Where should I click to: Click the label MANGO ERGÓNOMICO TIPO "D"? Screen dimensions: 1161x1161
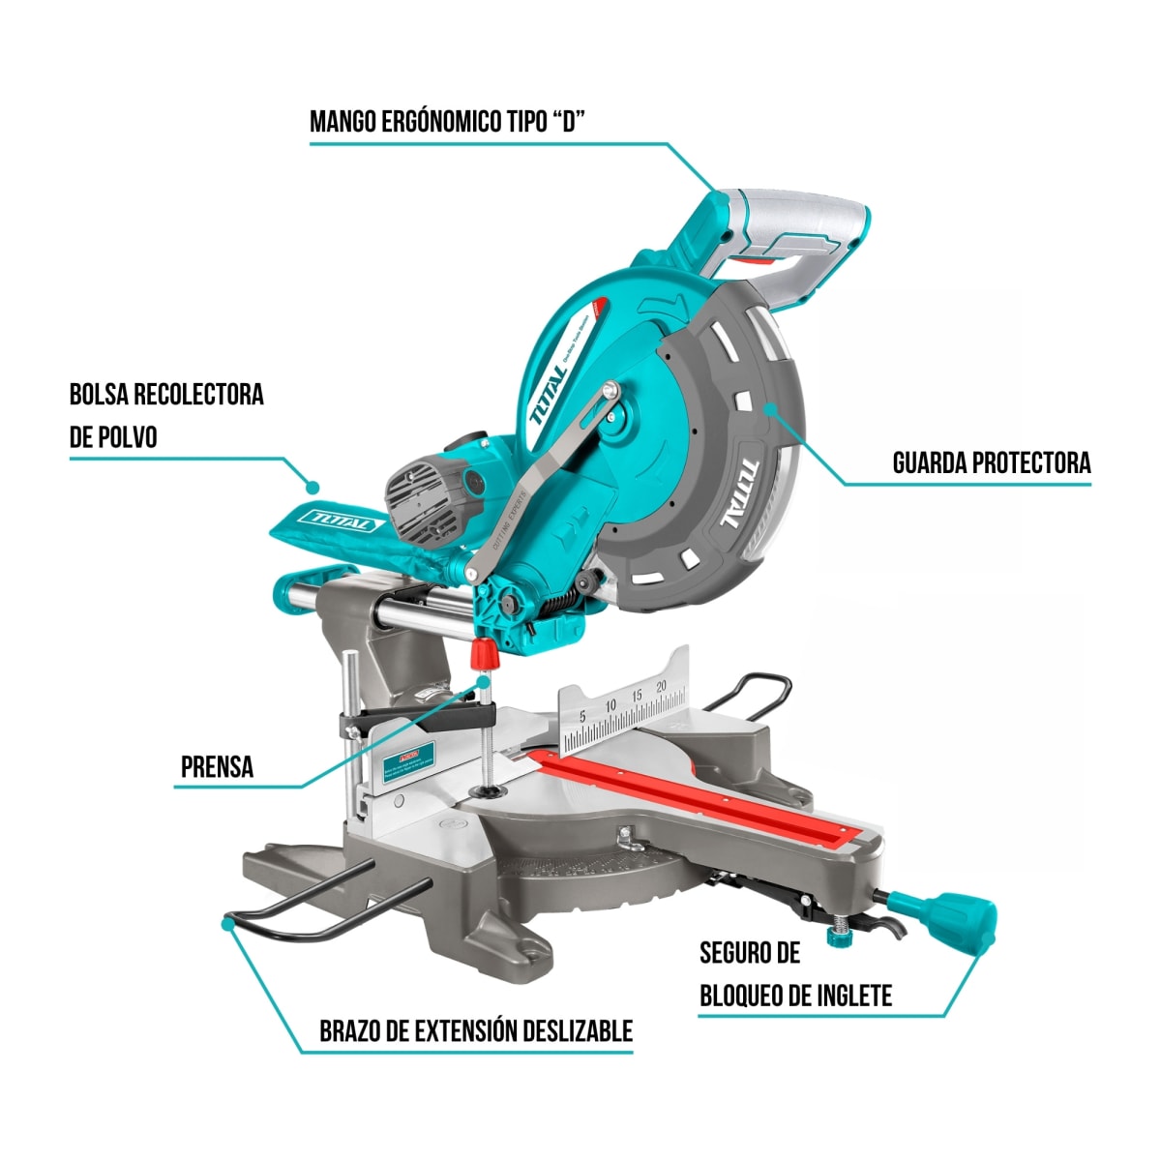(x=448, y=122)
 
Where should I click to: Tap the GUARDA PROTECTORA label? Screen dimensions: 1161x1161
(x=991, y=462)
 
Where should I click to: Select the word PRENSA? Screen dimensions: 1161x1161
(x=217, y=767)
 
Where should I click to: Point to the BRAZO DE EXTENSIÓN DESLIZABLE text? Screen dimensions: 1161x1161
(x=475, y=1030)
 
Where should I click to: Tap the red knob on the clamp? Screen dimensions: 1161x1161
(x=484, y=655)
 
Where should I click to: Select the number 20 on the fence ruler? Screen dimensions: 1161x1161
(x=662, y=687)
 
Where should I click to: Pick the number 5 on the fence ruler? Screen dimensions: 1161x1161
(x=582, y=716)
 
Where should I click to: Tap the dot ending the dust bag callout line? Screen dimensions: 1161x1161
(x=312, y=486)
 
